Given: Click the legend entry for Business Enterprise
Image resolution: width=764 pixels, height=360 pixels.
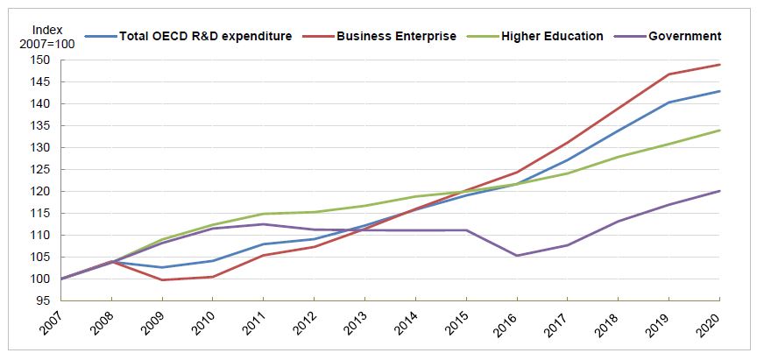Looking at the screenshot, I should (x=395, y=36).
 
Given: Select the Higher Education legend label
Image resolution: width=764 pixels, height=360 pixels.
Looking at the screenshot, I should (x=552, y=36).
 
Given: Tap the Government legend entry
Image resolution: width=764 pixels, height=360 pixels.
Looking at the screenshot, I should (x=684, y=36).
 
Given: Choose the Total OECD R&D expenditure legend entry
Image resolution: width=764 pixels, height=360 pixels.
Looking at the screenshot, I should (x=205, y=36).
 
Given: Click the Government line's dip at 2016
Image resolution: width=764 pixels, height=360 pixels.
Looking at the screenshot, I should (x=517, y=256).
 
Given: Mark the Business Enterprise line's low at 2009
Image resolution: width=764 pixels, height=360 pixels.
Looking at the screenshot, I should (x=162, y=280).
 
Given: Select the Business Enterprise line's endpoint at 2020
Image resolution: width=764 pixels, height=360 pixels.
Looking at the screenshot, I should (x=720, y=65).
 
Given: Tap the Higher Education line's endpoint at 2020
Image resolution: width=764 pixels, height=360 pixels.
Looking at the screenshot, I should (x=720, y=131).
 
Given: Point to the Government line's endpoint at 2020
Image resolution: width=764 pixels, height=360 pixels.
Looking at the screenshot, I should (x=720, y=191).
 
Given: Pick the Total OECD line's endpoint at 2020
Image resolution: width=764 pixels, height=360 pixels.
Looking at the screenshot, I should (x=720, y=91).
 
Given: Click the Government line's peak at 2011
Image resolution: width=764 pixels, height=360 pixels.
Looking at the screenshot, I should (x=264, y=224).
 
